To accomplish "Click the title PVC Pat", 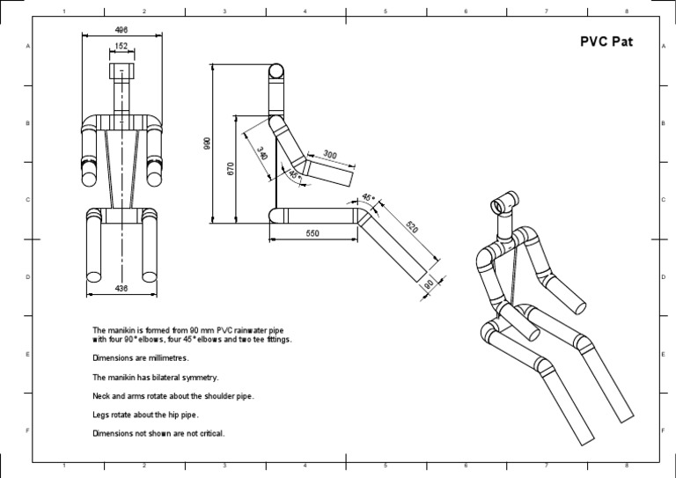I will [x=605, y=41].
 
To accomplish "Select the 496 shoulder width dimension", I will [x=121, y=30].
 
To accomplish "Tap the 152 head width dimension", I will [x=121, y=46].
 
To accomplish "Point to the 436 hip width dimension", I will [x=121, y=288].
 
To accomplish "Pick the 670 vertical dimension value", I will [x=231, y=168].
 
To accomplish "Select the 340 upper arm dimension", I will [x=261, y=152].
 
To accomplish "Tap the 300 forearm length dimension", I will [x=329, y=154].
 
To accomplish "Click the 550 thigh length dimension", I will [x=312, y=233].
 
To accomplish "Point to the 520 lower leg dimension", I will [x=412, y=226].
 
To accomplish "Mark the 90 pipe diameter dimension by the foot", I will [x=429, y=284].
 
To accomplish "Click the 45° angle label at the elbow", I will [x=294, y=174].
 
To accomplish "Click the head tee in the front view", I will [x=121, y=71].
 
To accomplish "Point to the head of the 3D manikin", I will [x=502, y=205].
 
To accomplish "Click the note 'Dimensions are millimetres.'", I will [x=140, y=357].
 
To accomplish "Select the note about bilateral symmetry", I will [x=155, y=377].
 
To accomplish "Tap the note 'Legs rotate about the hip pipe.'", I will [x=153, y=414].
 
